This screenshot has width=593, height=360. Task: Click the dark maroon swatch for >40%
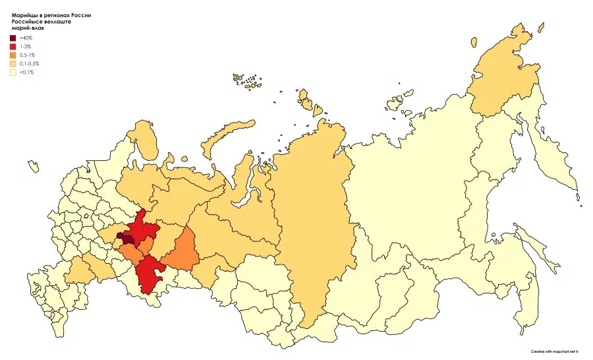click(x=13, y=38)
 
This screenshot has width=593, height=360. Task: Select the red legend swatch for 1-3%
click(x=13, y=47)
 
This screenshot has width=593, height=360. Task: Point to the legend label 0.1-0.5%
click(x=30, y=64)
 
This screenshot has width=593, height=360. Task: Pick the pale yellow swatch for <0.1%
click(x=13, y=73)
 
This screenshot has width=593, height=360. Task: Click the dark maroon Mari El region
click(x=123, y=239)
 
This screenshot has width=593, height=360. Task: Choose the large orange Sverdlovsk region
click(x=183, y=251)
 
